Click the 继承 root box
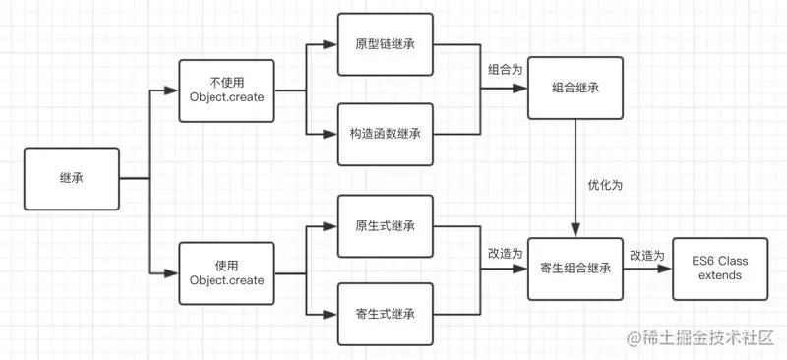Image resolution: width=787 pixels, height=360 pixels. pyautogui.click(x=71, y=178)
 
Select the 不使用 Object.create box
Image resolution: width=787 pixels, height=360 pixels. pyautogui.click(x=226, y=91)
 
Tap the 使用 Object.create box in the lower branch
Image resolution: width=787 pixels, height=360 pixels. pyautogui.click(x=226, y=272)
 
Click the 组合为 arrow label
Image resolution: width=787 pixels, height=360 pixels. pyautogui.click(x=504, y=70)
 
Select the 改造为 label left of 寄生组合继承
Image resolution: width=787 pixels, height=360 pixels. pyautogui.click(x=504, y=253)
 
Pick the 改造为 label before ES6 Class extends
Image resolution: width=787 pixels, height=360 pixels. pyautogui.click(x=646, y=255)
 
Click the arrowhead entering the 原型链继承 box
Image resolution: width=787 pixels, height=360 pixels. pyautogui.click(x=332, y=44)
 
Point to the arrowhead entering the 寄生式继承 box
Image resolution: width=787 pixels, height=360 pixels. pyautogui.click(x=332, y=314)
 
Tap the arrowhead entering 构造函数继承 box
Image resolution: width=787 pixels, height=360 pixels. pyautogui.click(x=332, y=133)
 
